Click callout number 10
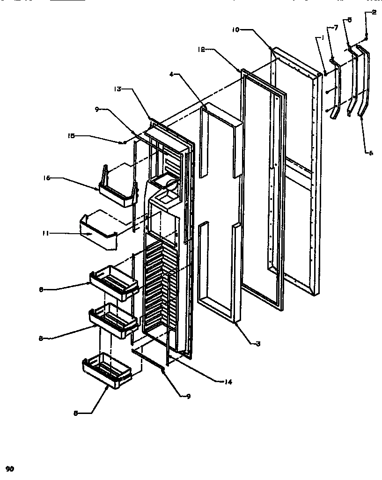235,30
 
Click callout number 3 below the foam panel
257,343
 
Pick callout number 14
228,381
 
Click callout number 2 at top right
374,13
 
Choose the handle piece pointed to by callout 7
336,87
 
